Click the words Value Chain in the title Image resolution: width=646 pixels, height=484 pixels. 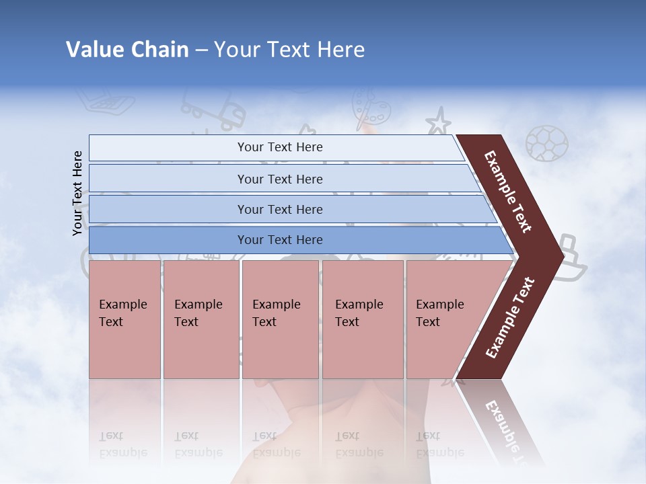click(127, 50)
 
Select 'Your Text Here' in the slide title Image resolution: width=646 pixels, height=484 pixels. click(289, 50)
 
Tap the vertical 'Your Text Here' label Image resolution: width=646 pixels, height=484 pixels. click(78, 194)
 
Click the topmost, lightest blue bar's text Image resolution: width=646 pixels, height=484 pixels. click(280, 147)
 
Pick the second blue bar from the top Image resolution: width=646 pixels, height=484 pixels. click(280, 179)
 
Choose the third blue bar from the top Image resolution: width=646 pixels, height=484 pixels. click(280, 209)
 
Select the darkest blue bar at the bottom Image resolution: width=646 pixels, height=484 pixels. click(280, 240)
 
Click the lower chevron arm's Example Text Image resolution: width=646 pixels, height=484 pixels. click(510, 318)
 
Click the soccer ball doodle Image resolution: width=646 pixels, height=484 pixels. click(546, 143)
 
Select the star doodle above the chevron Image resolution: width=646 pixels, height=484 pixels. click(438, 123)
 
